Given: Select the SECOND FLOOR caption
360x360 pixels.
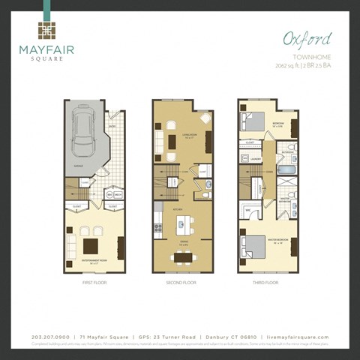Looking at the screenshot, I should [180, 283].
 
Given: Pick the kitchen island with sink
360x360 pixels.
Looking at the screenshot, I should [181, 223].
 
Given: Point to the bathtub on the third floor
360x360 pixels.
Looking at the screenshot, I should [288, 181].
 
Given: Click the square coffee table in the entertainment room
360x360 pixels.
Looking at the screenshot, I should [90, 245].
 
